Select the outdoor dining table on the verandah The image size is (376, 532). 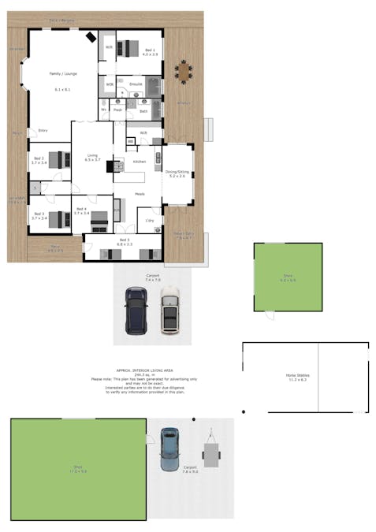point(184,73)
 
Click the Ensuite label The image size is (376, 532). point(136,84)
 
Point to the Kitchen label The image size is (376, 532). point(140,161)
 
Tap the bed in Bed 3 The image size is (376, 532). point(56,219)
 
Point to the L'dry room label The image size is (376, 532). point(148,221)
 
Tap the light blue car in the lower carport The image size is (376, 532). point(169,449)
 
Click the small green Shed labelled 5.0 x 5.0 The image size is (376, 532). point(288,277)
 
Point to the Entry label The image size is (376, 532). point(43,130)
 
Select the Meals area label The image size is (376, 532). point(140,193)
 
